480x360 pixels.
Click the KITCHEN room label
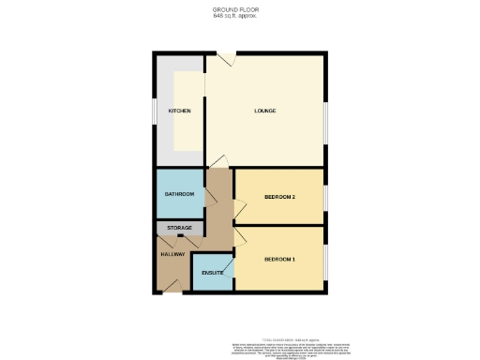(179, 111)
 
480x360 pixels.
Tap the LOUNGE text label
(265, 111)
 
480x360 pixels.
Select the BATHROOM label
(179, 194)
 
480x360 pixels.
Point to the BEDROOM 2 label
(279, 197)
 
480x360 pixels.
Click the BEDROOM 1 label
(279, 258)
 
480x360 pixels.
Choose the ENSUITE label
(212, 273)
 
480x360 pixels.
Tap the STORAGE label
(179, 228)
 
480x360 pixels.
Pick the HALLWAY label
(172, 254)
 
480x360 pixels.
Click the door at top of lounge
(226, 59)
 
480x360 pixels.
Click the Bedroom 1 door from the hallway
(239, 236)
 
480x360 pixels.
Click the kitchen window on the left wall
(155, 111)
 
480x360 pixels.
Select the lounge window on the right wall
(326, 122)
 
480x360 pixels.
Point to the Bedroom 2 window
(326, 197)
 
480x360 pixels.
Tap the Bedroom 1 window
(326, 258)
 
